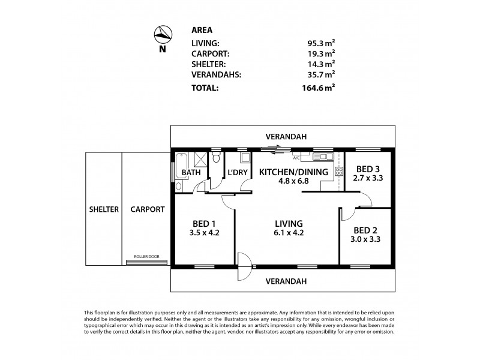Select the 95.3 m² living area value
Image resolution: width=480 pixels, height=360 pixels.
[x=320, y=43]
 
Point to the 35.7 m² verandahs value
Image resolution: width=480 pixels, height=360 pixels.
[x=320, y=74]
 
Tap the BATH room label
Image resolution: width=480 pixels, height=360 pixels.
[x=191, y=172]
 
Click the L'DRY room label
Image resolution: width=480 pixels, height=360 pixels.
[x=234, y=172]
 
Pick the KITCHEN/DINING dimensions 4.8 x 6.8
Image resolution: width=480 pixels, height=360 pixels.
[x=293, y=182]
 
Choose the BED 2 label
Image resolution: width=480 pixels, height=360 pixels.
[x=365, y=230]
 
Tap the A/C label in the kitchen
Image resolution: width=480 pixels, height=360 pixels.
[x=296, y=158]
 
